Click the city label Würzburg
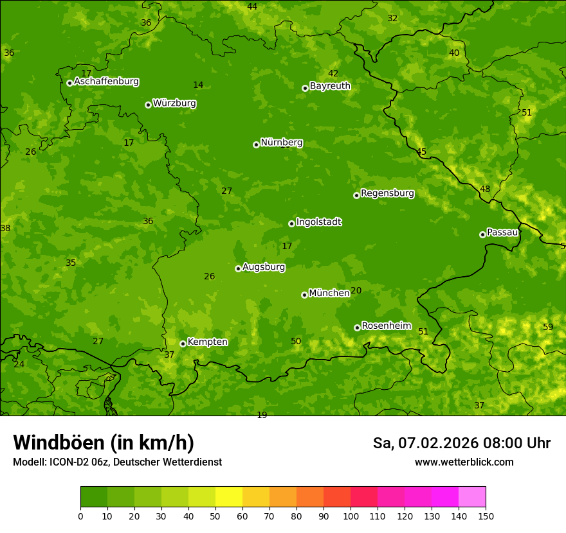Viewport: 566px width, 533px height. pos(174,103)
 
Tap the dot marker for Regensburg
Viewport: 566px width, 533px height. pos(356,195)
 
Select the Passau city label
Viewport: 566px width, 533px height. pos(502,232)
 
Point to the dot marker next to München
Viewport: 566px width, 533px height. pos(304,295)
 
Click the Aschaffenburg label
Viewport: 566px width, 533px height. pos(106,82)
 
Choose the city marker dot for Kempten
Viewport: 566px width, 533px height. pos(183,344)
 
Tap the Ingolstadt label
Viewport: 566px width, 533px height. pos(318,222)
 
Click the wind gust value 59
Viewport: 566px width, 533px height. pos(548,327)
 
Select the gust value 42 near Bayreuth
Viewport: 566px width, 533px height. pos(333,73)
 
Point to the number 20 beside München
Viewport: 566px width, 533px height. pos(356,290)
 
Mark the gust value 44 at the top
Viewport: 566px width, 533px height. pos(252,6)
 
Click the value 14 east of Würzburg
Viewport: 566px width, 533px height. pos(198,85)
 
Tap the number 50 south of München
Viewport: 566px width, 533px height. pos(296,341)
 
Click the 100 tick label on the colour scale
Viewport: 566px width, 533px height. pos(351,516)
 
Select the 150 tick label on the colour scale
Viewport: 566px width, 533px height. pos(486,516)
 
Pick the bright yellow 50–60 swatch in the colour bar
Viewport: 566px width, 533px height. pos(229,497)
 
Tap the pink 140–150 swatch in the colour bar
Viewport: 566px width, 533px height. pos(472,497)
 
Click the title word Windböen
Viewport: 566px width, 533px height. pos(59,442)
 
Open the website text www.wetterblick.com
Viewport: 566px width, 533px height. pos(464,462)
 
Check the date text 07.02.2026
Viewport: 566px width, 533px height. pos(439,443)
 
